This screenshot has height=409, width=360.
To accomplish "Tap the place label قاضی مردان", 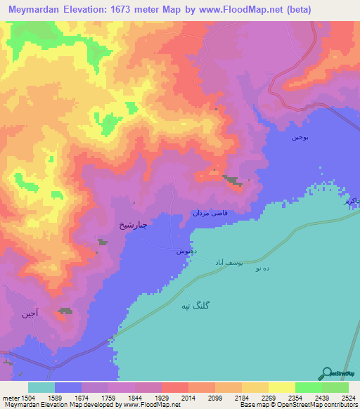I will click(210, 213).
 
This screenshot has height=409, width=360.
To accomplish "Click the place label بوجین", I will click(300, 137).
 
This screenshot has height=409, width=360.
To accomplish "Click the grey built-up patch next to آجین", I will click(65, 311).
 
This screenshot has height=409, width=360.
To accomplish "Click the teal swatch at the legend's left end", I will click(41, 387).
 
